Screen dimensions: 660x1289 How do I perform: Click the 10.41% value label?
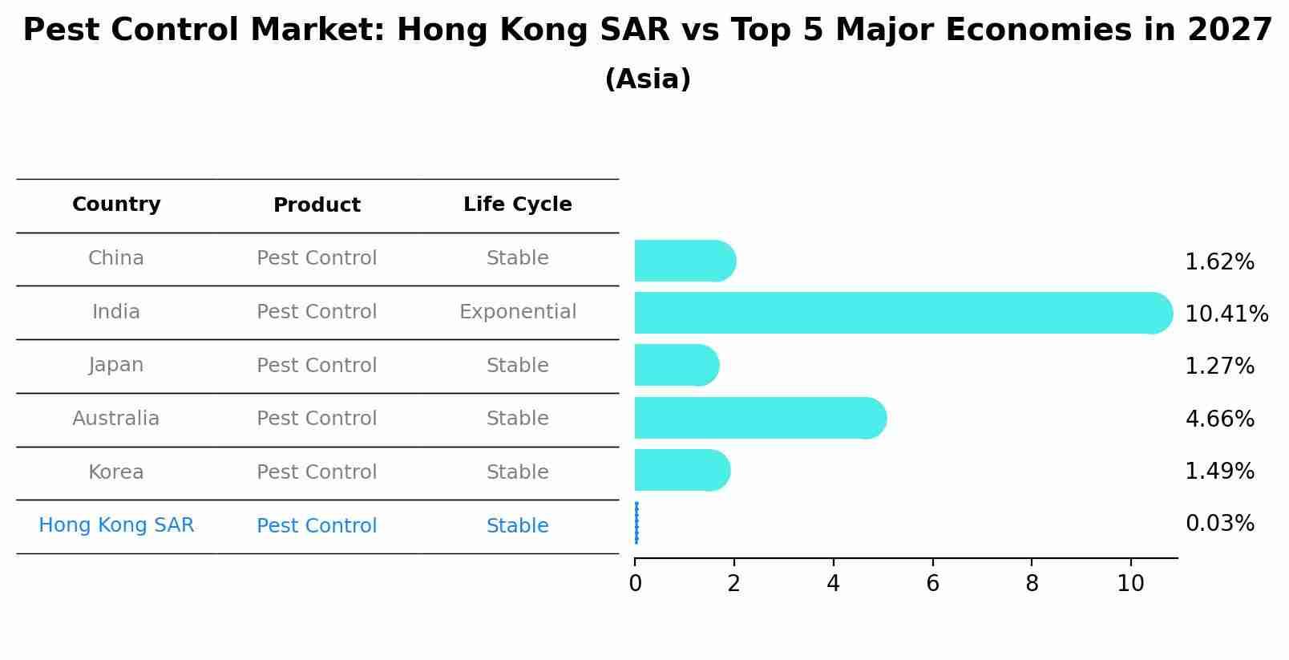[1226, 314]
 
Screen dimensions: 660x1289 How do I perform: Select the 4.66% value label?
[1219, 419]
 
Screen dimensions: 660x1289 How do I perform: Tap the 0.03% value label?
[1219, 524]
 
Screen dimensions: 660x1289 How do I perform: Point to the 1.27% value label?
[1219, 366]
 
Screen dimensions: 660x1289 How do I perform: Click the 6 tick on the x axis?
[932, 584]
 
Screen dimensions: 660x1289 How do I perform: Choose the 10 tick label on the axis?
[1130, 584]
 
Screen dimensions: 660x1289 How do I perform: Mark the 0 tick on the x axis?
[635, 584]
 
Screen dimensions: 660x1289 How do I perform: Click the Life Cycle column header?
[517, 204]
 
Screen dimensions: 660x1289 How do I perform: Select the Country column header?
[116, 204]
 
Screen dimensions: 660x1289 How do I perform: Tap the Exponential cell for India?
[517, 312]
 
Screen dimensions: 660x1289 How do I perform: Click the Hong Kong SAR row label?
[116, 525]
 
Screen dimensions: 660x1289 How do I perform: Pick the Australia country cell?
[116, 419]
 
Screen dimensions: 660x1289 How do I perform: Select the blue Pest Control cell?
[317, 526]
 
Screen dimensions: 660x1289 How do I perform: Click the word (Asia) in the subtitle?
[648, 79]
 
